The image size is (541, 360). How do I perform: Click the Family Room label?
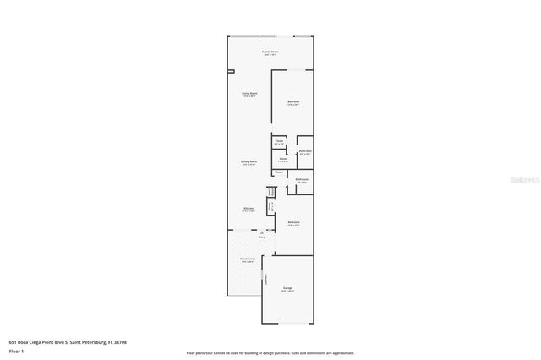pyautogui.click(x=270, y=52)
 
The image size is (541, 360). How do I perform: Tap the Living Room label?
pyautogui.click(x=249, y=94)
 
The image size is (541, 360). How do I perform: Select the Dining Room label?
pyautogui.click(x=249, y=164)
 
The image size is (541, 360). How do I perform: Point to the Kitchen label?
pyautogui.click(x=249, y=209)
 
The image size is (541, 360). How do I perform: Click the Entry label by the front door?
pyautogui.click(x=262, y=237)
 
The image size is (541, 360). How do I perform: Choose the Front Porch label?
pyautogui.click(x=249, y=260)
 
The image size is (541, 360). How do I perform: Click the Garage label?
pyautogui.click(x=288, y=289)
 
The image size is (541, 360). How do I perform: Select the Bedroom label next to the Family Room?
pyautogui.click(x=293, y=102)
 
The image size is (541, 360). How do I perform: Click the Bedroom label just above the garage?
pyautogui.click(x=293, y=223)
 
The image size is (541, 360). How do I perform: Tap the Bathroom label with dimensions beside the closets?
pyautogui.click(x=305, y=152)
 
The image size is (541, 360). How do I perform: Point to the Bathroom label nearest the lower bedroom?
pyautogui.click(x=302, y=179)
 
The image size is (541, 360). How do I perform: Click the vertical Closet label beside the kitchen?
pyautogui.click(x=270, y=206)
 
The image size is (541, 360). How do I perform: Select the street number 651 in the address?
pyautogui.click(x=13, y=342)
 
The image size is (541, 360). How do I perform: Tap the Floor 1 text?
pyautogui.click(x=16, y=351)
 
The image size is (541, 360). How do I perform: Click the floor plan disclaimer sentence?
pyautogui.click(x=270, y=352)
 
